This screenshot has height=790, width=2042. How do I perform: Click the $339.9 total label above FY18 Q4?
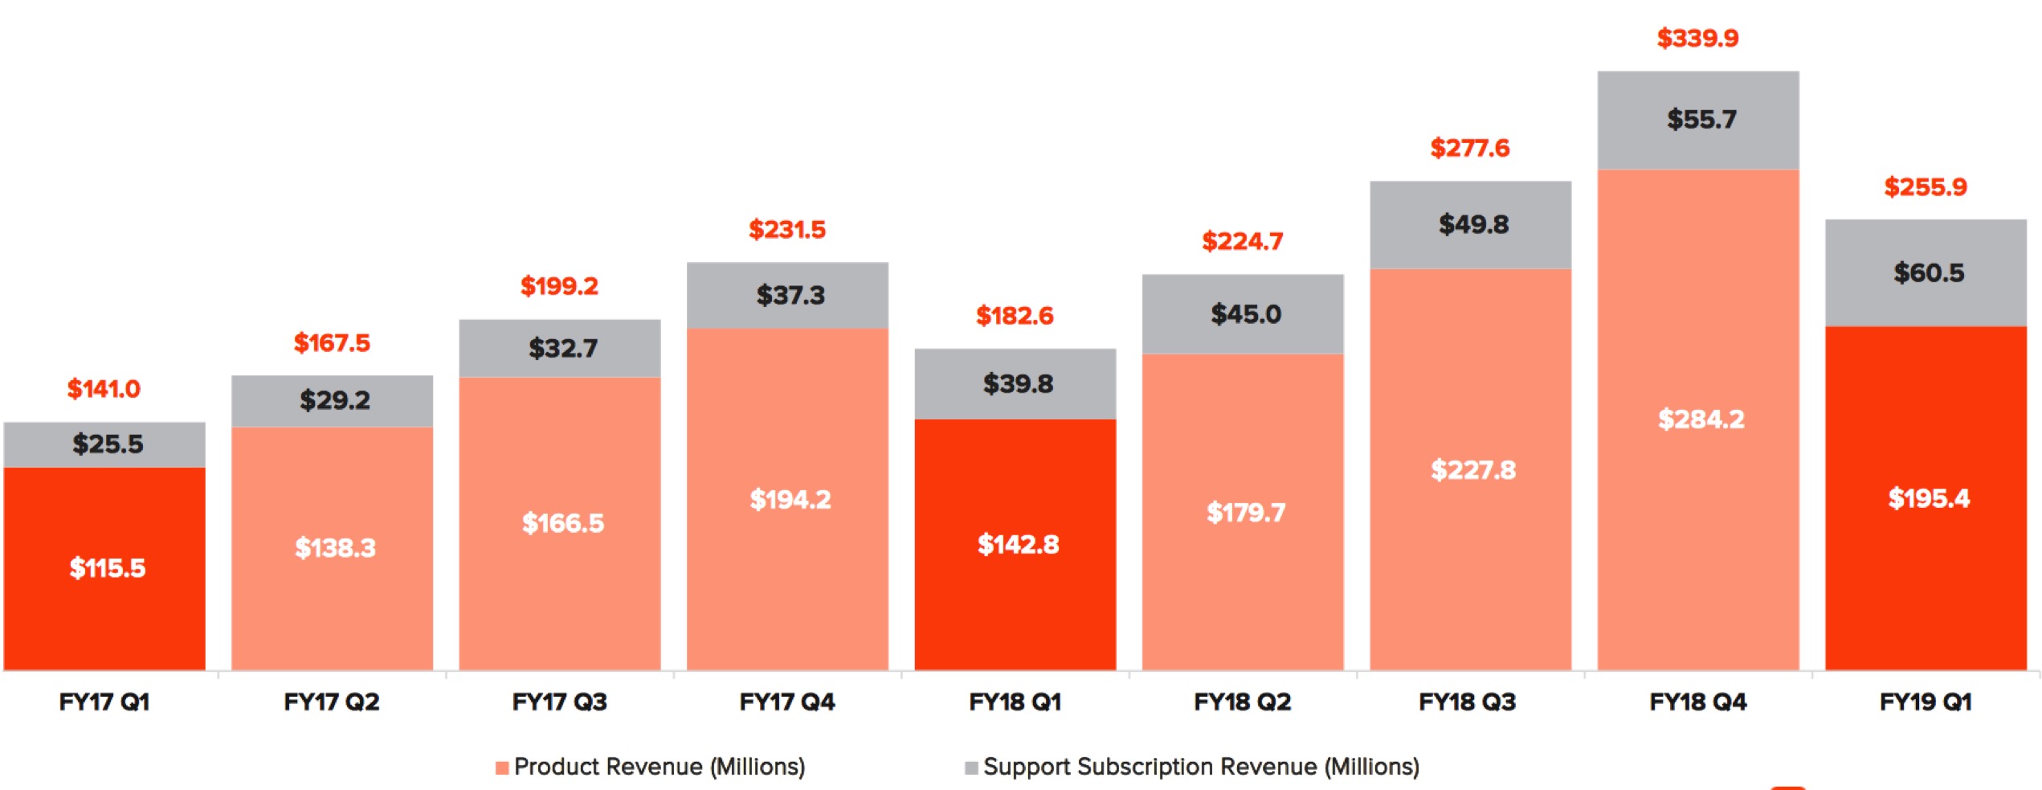[x=1697, y=38]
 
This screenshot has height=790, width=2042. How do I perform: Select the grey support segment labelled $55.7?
[x=1698, y=121]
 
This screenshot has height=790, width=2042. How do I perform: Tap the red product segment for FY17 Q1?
[x=104, y=569]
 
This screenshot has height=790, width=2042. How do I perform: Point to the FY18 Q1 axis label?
[x=1015, y=702]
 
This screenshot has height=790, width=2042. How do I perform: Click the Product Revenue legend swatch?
[x=502, y=767]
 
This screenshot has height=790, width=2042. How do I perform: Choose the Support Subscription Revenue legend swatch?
[x=971, y=767]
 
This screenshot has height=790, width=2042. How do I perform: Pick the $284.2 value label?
[x=1701, y=419]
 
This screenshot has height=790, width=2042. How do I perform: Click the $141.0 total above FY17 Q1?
[x=104, y=389]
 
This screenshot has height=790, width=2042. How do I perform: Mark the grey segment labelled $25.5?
[x=104, y=445]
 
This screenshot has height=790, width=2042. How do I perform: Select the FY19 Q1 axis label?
[x=1926, y=702]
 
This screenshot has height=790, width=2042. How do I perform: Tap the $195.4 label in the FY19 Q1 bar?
[x=1929, y=498]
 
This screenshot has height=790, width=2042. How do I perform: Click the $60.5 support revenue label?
[x=1929, y=272]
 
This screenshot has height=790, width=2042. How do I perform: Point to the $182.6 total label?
[x=1015, y=315]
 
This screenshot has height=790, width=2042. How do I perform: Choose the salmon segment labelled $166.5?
[x=560, y=524]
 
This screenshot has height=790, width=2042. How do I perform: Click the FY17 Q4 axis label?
[x=787, y=702]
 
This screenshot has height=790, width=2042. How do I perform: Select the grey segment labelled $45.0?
[x=1243, y=314]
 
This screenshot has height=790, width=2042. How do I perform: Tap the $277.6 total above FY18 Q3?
[x=1470, y=148]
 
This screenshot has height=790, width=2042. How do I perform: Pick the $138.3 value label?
[x=335, y=548]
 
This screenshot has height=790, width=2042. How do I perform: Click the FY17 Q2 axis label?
[x=332, y=702]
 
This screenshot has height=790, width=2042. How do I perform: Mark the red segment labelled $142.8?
[x=1015, y=545]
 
